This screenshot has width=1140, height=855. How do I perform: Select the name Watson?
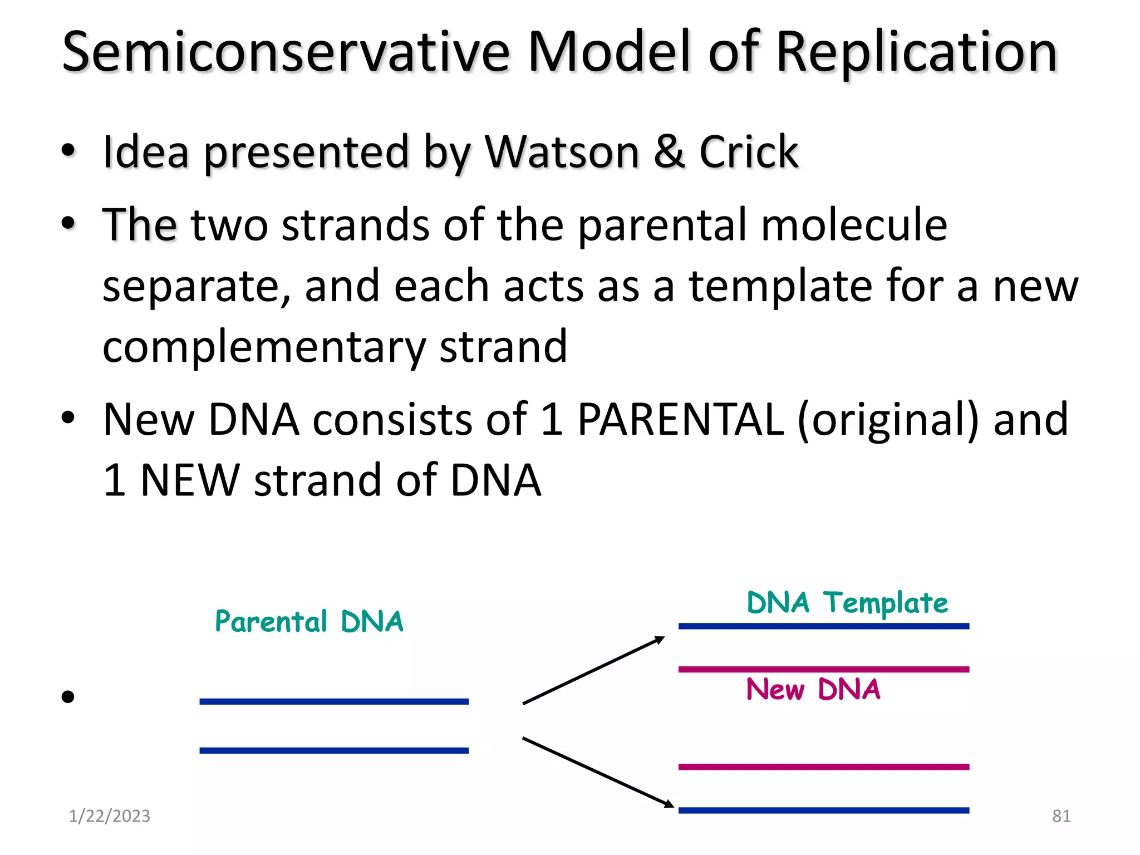pyautogui.click(x=561, y=151)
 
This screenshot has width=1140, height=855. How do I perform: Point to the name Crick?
pyautogui.click(x=748, y=151)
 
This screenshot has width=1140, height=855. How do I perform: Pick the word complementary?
pyautogui.click(x=264, y=348)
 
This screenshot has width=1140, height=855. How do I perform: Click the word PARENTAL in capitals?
pyautogui.click(x=680, y=419)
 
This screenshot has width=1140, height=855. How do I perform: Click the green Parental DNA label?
pyautogui.click(x=309, y=622)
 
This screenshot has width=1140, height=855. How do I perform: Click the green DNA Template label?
pyautogui.click(x=847, y=603)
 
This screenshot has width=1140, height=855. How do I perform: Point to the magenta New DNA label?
pyautogui.click(x=813, y=689)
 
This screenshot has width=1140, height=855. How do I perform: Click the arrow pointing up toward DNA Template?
pyautogui.click(x=593, y=671)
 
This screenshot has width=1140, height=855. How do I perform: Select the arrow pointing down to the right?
pyautogui.click(x=598, y=772)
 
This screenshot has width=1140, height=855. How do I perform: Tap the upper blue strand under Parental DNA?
pyautogui.click(x=334, y=701)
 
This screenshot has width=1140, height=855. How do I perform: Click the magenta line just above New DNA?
pyautogui.click(x=823, y=669)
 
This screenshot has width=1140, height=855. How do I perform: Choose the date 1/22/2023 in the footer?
pyautogui.click(x=109, y=816)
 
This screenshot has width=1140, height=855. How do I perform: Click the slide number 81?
pyautogui.click(x=1061, y=816)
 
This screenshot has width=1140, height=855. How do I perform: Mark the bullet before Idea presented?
pyautogui.click(x=68, y=151)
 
